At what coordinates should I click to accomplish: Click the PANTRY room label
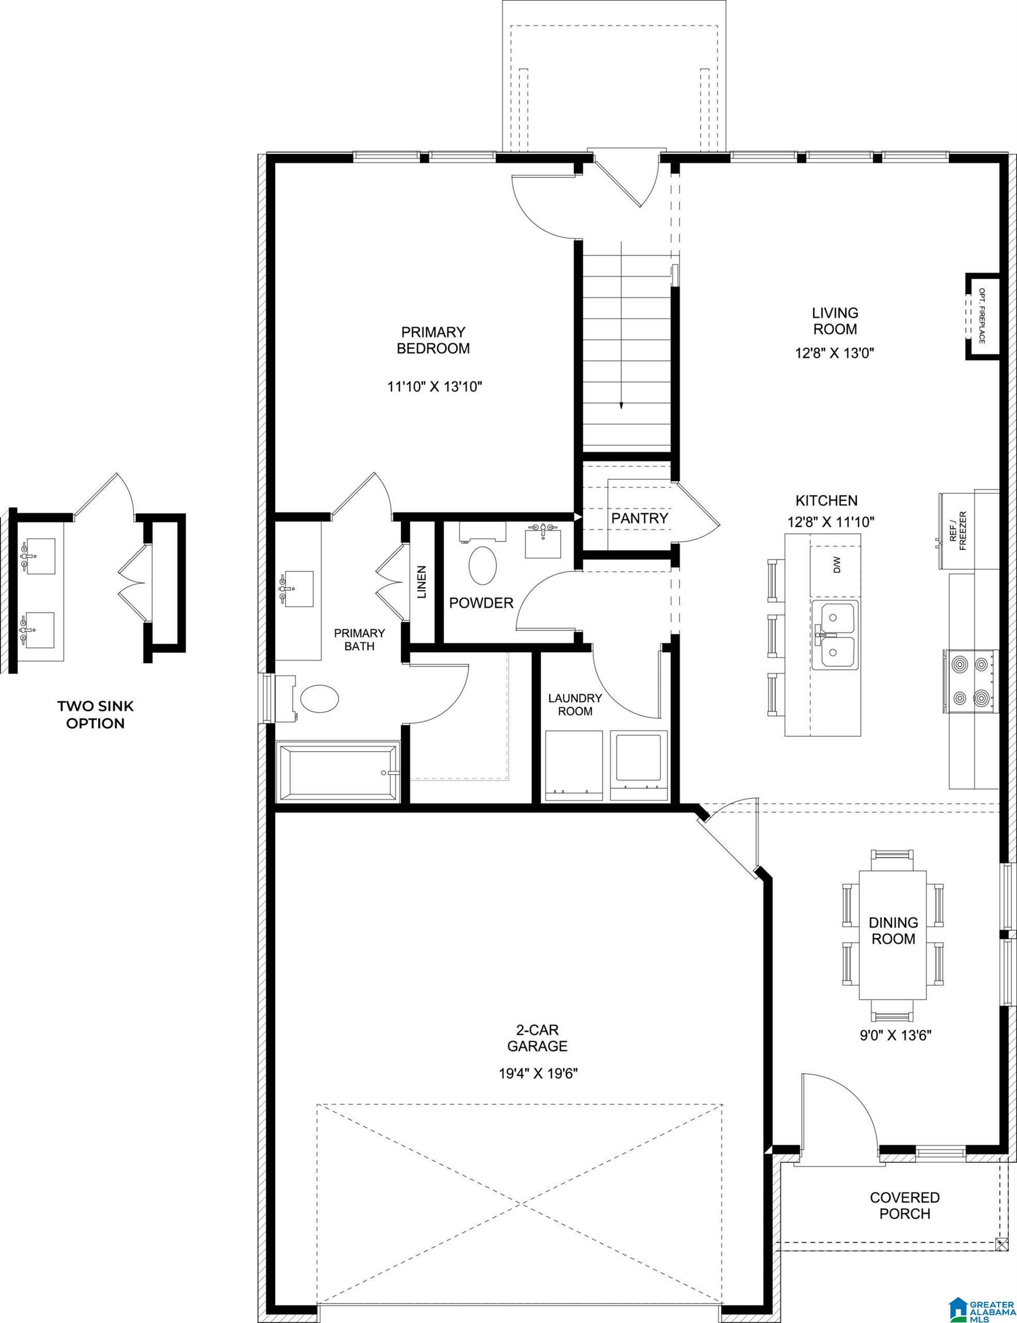pos(639,519)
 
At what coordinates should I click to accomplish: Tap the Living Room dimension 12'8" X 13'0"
pos(836,353)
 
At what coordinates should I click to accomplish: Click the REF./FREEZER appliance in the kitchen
pos(958,531)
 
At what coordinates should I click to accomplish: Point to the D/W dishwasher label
pos(837,567)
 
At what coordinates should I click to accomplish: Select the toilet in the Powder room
pos(483,566)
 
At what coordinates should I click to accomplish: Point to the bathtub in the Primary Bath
pos(337,772)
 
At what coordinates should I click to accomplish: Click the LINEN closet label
pos(422,582)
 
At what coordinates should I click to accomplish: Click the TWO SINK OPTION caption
pos(95,714)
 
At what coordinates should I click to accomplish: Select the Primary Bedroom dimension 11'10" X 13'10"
pos(434,387)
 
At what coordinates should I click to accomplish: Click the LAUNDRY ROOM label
pos(575,704)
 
